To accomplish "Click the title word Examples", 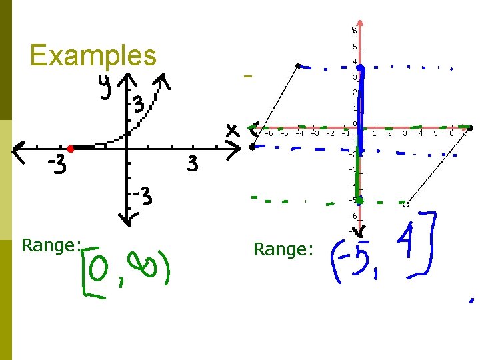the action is tap(93, 55).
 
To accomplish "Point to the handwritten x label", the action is tap(231, 131).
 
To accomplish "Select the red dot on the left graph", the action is tap(70, 149).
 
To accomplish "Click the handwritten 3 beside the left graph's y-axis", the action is tap(137, 105).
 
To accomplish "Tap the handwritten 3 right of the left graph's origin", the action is tap(192, 164).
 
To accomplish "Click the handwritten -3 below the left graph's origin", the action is tap(143, 197).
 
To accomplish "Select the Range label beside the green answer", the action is tap(51, 245).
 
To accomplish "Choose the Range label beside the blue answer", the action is tap(283, 249).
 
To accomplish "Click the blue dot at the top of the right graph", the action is tap(359, 68).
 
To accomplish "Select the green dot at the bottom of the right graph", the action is tap(359, 199).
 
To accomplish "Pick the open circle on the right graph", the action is tap(405, 203).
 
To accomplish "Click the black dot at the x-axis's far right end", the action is tap(470, 127).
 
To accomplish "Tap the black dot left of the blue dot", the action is tap(298, 65).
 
